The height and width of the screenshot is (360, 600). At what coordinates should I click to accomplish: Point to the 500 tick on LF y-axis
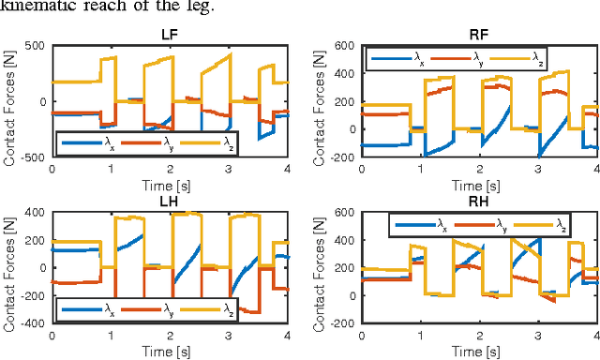[x=35, y=46]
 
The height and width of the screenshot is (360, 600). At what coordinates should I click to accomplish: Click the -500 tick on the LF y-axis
[x=32, y=158]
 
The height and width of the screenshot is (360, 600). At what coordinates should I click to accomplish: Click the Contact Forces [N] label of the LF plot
[x=9, y=101]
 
